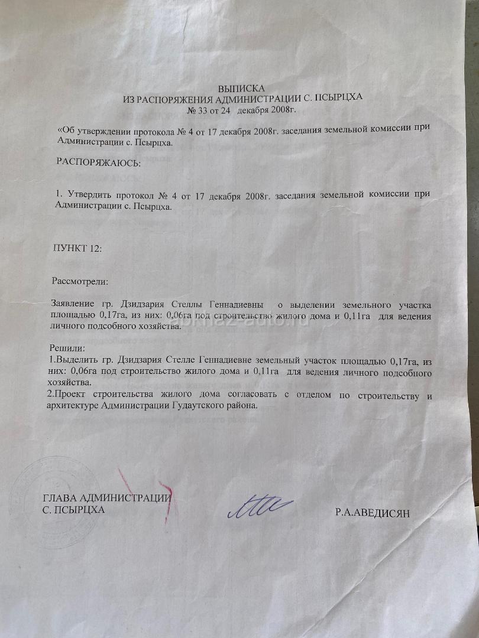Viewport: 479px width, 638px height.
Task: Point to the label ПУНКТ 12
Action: tap(77, 248)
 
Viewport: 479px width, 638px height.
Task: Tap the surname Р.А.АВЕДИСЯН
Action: tap(372, 513)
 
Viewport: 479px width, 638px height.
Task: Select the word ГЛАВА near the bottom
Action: tap(59, 497)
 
